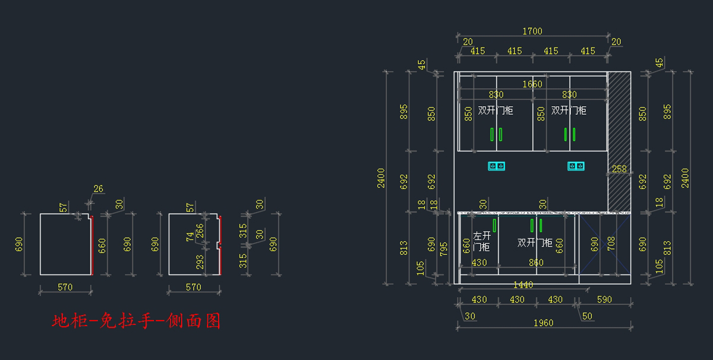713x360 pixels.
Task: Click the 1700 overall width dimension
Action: (532, 31)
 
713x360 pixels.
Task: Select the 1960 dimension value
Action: (543, 323)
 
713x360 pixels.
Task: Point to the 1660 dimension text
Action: (532, 84)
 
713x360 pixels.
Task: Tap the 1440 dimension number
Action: (523, 285)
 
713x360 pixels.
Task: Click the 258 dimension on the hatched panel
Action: (619, 169)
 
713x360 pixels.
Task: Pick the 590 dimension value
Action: (604, 300)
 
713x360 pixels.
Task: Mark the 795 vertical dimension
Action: (443, 247)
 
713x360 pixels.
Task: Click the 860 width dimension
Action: (536, 263)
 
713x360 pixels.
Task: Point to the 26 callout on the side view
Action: (98, 190)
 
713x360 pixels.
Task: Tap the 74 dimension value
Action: (190, 236)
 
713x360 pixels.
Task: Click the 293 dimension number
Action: (200, 261)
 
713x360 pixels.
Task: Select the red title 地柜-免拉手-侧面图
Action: (137, 321)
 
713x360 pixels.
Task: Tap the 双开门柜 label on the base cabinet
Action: (535, 242)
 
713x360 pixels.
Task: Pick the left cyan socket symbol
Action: (497, 166)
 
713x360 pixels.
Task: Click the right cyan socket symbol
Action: (576, 166)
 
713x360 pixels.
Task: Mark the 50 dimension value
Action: (587, 317)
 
